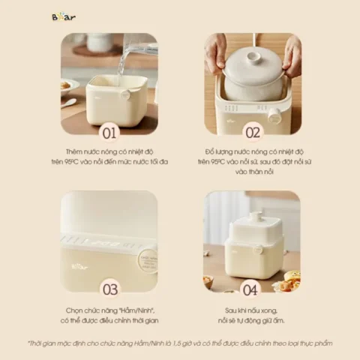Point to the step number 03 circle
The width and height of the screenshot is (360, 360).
click(109, 289)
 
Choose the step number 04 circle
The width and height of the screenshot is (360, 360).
click(251, 289)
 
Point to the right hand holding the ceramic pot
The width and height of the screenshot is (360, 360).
click(290, 56)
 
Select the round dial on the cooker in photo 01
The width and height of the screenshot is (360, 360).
click(127, 95)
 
